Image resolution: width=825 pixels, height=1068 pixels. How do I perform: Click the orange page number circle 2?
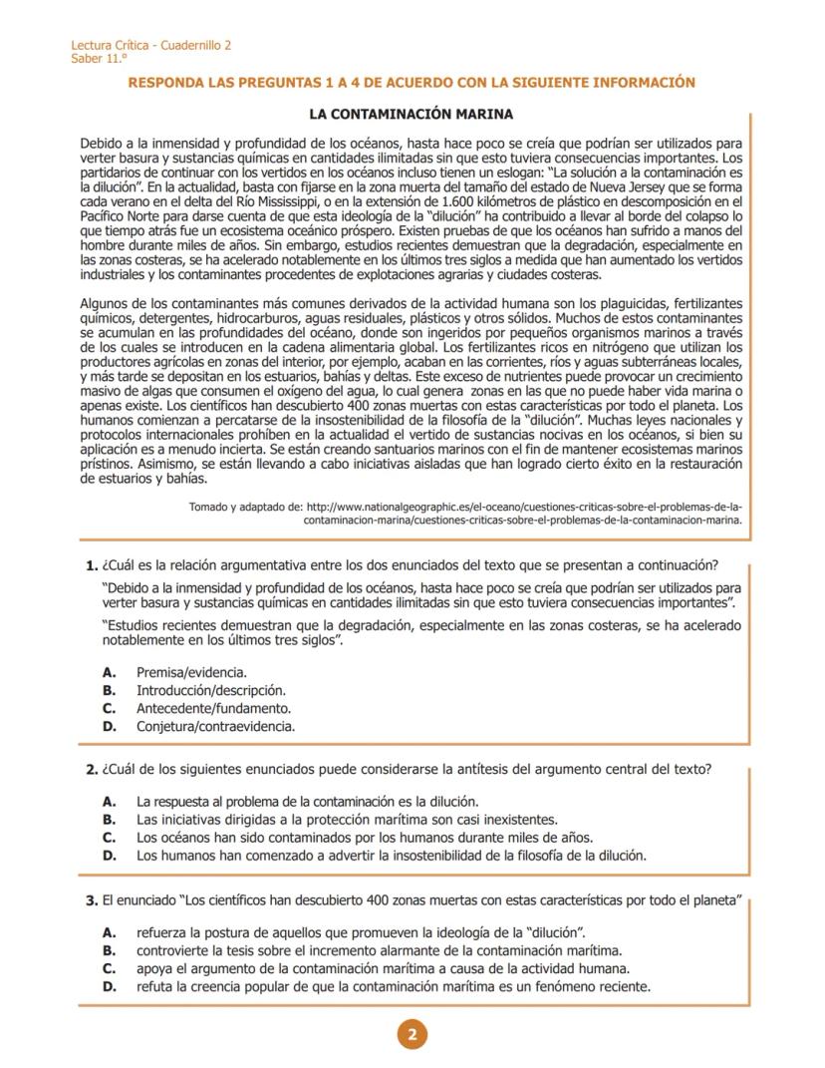(x=412, y=1034)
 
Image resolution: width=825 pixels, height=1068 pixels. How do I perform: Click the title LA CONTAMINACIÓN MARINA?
(x=412, y=115)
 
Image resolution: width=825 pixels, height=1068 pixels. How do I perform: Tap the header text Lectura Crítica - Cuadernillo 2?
(x=151, y=46)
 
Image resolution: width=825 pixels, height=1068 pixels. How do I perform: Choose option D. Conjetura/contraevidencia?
(x=215, y=726)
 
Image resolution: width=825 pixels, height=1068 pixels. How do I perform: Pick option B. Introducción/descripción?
(x=211, y=690)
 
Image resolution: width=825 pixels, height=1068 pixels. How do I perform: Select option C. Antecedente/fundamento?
(x=213, y=708)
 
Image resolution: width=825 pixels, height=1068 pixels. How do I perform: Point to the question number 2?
(x=91, y=770)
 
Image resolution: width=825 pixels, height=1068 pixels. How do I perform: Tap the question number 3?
(x=91, y=901)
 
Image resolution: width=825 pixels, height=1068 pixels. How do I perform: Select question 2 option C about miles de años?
(x=365, y=838)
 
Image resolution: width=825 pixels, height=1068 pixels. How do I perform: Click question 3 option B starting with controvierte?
(x=379, y=950)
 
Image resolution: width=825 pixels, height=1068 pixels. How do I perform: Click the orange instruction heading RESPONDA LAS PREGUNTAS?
(x=412, y=83)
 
